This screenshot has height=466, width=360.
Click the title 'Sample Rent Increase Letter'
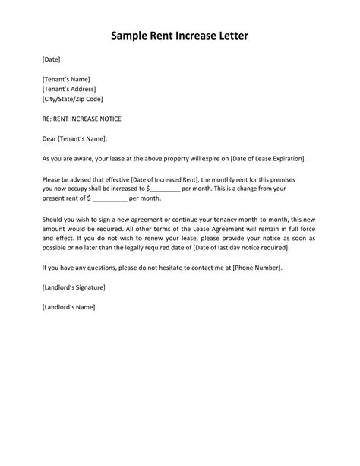[x=179, y=36]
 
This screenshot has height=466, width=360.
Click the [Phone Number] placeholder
[x=256, y=268]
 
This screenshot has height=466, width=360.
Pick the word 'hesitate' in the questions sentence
[x=177, y=268]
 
